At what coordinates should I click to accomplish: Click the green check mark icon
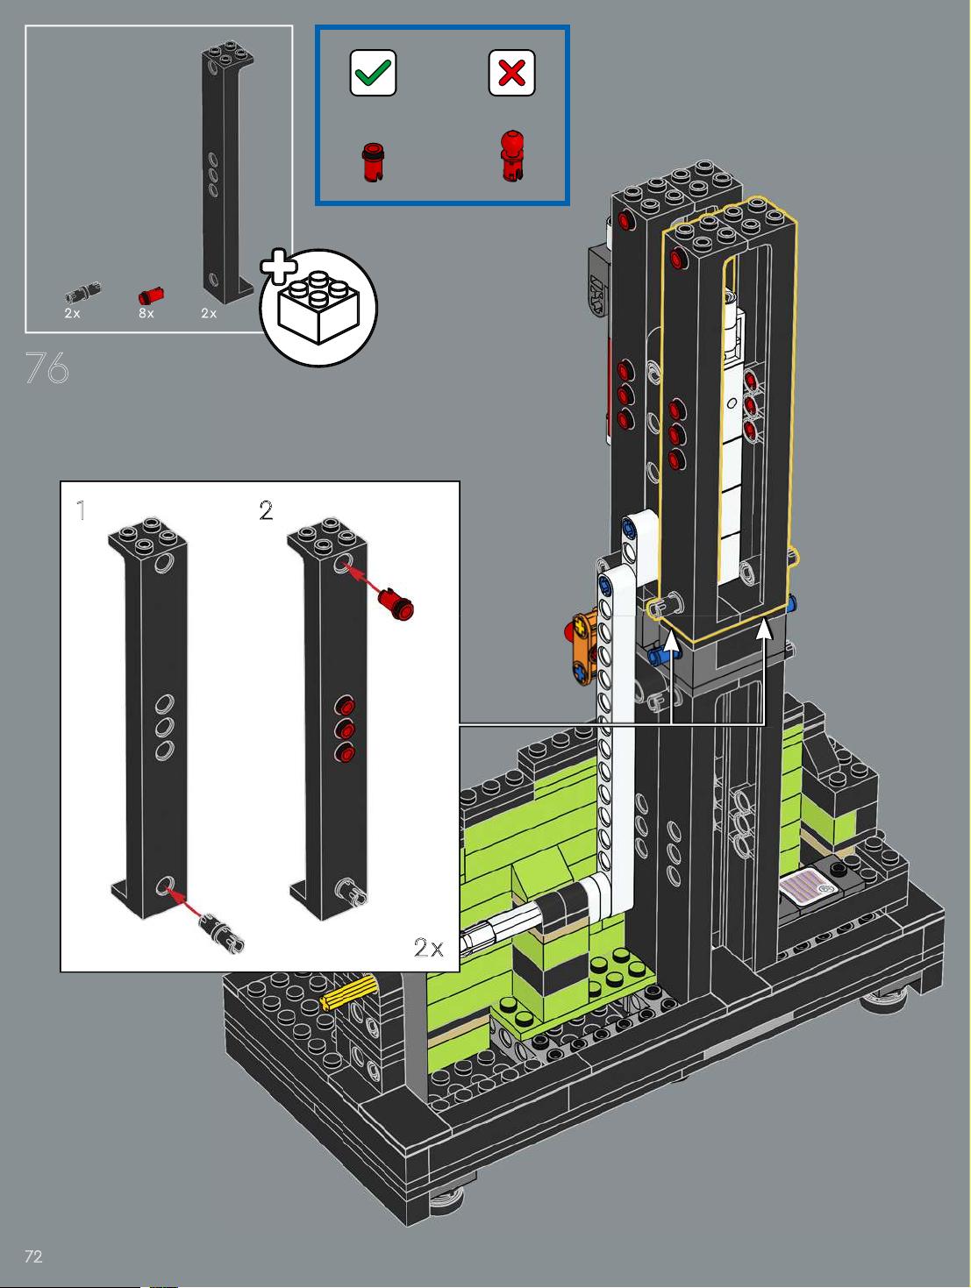373,72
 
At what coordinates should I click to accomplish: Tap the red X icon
511,72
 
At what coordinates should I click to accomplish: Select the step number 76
47,368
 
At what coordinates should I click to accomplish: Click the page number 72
33,1256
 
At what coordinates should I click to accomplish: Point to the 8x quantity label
146,313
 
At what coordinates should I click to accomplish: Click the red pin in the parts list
151,295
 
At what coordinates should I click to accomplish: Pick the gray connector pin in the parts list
82,292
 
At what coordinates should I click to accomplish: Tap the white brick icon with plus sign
318,305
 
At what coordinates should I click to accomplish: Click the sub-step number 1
81,510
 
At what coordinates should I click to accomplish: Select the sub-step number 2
266,510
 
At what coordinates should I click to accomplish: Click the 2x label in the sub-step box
429,947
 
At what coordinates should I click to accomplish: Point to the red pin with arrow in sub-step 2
396,604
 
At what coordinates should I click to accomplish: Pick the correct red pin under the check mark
372,161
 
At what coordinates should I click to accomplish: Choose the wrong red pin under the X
512,156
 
